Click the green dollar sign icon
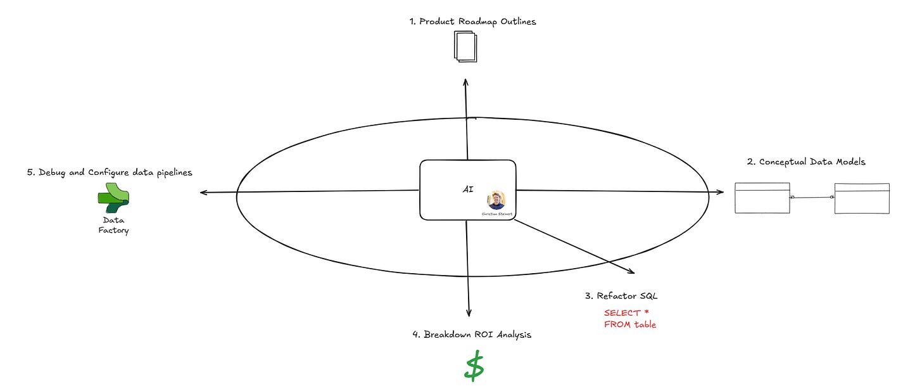tap(474, 368)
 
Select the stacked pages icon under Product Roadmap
tap(465, 47)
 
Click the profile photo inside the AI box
tap(496, 200)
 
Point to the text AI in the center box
tap(468, 189)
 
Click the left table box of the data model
tap(762, 198)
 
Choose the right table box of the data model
tap(861, 198)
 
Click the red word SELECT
tap(622, 312)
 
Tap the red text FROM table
tap(629, 324)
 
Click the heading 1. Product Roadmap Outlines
tap(472, 22)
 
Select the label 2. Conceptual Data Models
tap(806, 162)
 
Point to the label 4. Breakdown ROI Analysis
tap(471, 335)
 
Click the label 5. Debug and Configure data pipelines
tap(110, 172)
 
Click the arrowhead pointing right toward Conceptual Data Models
tap(721, 191)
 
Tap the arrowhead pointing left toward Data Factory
tap(203, 192)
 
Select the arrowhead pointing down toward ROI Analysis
tap(469, 312)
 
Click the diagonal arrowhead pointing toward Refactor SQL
tap(631, 272)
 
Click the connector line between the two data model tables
tap(812, 198)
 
